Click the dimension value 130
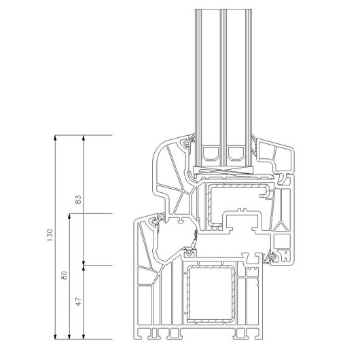(x=50, y=235)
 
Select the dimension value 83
(x=78, y=200)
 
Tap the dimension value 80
(x=65, y=275)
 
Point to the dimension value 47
(x=78, y=302)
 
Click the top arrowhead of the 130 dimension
(x=55, y=137)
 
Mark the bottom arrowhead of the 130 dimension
(x=55, y=337)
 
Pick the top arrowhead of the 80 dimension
(x=69, y=216)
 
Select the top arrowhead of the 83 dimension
(x=84, y=137)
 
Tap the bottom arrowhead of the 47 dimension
(x=84, y=337)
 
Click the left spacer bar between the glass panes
(x=211, y=153)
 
